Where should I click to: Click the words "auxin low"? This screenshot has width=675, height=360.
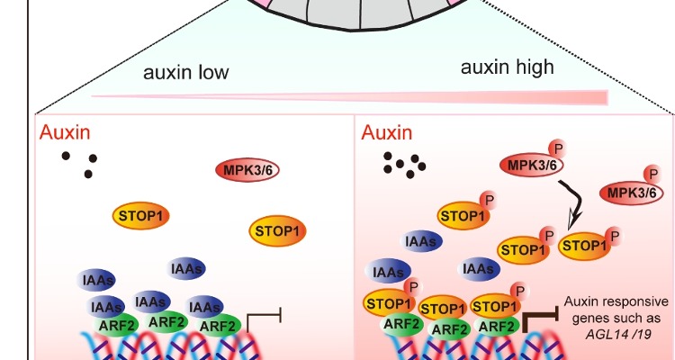tap(186, 72)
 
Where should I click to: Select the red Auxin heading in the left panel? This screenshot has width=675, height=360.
tap(64, 133)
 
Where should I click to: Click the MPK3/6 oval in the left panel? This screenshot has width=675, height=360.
tap(246, 168)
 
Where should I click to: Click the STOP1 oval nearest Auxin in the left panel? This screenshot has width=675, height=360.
tap(142, 215)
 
